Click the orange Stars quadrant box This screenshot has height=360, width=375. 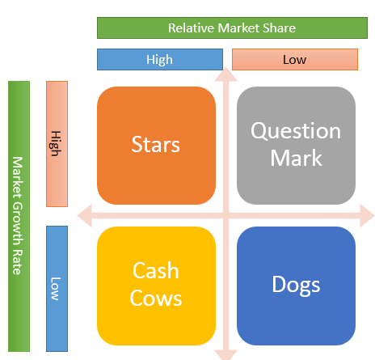coord(156,146)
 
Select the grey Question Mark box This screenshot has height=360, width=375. coord(296,146)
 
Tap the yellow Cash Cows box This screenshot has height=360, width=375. coord(156,285)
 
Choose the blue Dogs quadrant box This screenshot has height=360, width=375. coord(296,285)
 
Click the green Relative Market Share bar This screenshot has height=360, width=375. coord(232,28)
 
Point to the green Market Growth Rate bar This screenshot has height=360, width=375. coord(18,215)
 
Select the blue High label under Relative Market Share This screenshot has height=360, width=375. coord(160,60)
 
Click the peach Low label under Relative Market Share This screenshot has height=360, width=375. coord(294,60)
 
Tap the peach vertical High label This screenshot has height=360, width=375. coord(57,144)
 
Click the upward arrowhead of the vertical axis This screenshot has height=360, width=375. coord(226,75)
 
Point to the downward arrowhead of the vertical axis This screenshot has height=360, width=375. coord(226,354)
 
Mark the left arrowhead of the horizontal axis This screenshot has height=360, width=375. coord(82,215)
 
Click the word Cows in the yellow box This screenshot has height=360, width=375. coord(157,298)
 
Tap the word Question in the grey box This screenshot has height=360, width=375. coord(296,131)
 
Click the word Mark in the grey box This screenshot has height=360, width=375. coord(296,157)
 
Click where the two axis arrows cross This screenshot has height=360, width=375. coord(226,215)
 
